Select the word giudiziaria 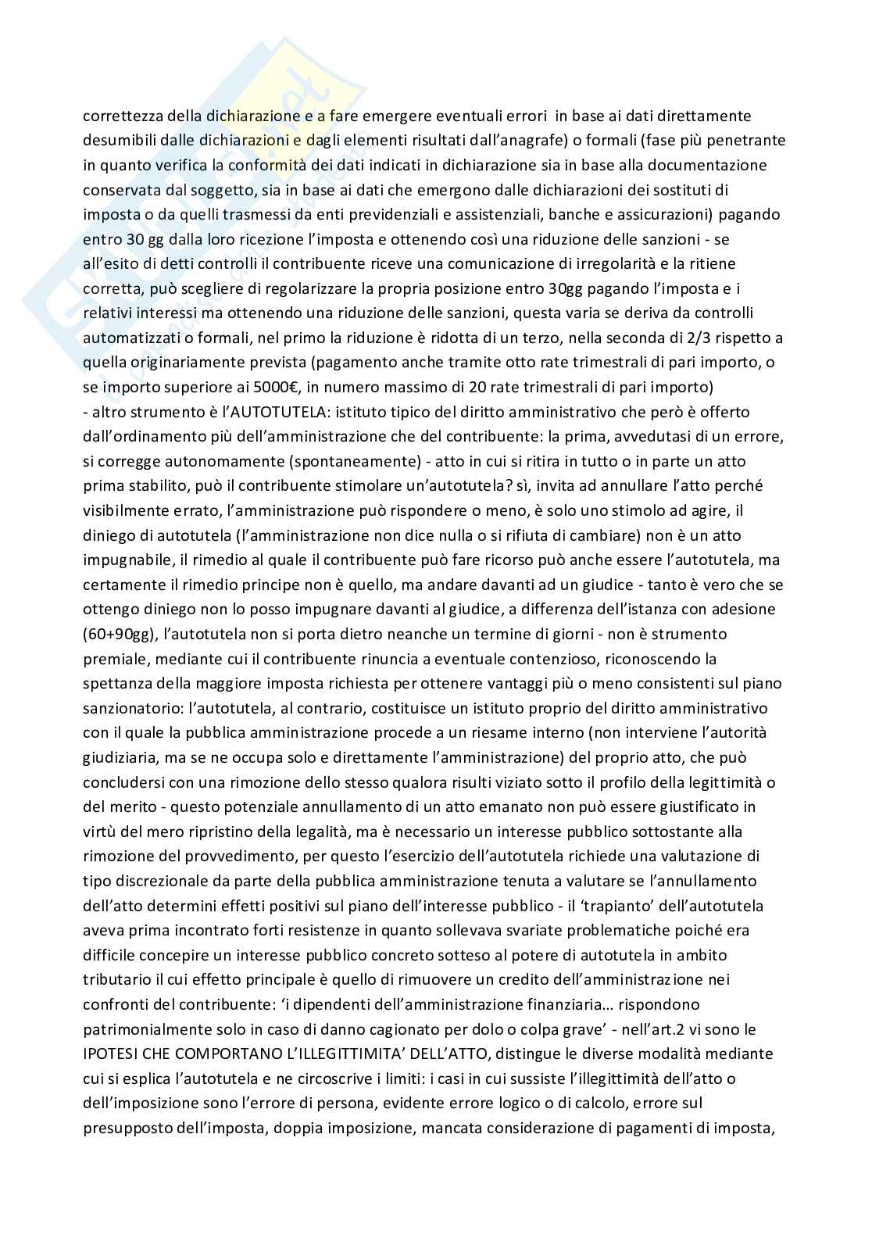click(x=120, y=757)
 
